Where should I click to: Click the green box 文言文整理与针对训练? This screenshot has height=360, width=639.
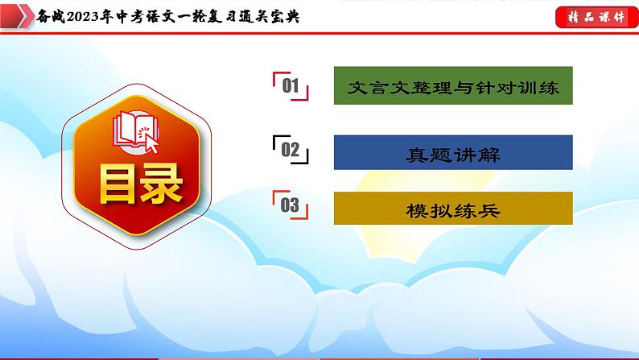(452, 85)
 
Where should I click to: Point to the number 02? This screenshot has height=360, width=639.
(291, 149)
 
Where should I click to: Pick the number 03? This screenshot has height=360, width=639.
(291, 205)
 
